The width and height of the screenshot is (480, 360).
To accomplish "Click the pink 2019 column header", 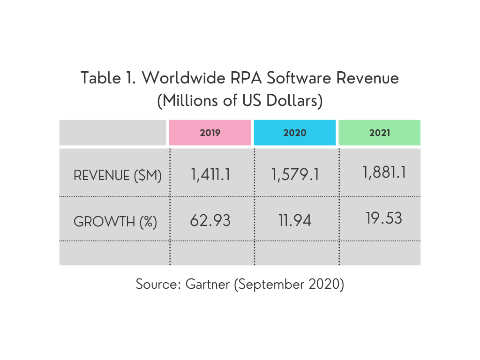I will pos(210,133).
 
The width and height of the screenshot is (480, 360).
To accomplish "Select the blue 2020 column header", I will pos(294,133).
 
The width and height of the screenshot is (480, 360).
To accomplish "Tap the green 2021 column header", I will pos(379,133).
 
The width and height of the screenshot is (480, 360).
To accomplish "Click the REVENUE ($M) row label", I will pos(118,176).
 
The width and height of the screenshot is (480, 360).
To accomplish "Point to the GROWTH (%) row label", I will pos(115,221).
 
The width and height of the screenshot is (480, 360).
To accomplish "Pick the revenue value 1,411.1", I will pos(210,175).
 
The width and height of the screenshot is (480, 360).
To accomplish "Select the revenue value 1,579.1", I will pos(295,175).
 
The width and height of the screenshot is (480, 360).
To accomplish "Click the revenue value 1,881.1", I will pos(384,172).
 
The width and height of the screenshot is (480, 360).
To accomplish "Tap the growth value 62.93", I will pos(210,220).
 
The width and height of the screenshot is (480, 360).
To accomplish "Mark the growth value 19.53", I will pos(384,218).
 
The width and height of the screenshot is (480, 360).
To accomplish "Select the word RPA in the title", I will pos(248,78).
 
